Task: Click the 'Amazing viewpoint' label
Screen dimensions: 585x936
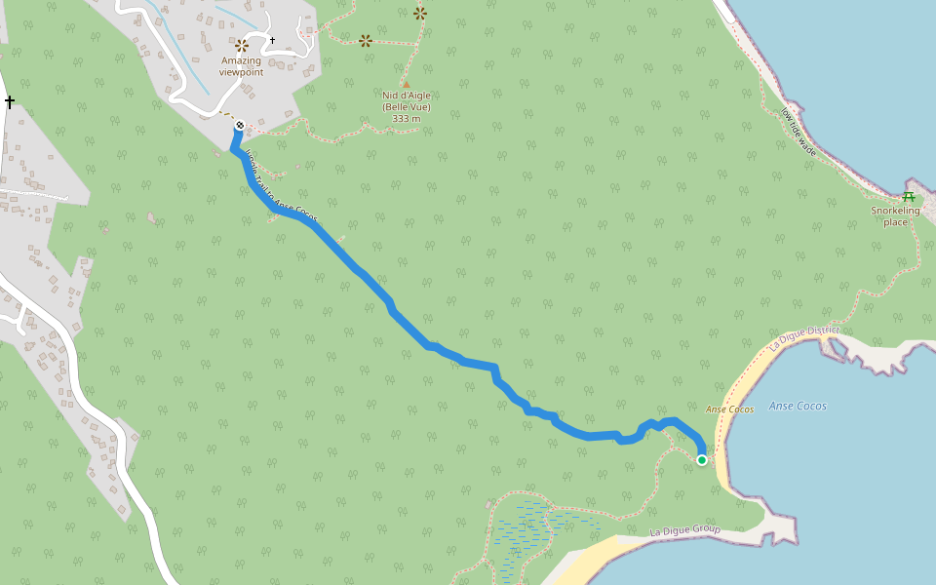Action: pos(241,66)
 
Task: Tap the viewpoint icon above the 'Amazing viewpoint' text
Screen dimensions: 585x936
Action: pos(242,45)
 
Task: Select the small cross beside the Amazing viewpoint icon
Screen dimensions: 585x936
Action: pos(272,41)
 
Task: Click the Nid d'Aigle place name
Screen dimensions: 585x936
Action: pos(406,96)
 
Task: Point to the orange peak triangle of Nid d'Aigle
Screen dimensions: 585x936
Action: pos(406,84)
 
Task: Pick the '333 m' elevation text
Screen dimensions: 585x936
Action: pos(406,119)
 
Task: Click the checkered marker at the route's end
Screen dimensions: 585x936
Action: pos(239,126)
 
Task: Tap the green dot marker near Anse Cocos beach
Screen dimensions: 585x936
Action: pos(702,460)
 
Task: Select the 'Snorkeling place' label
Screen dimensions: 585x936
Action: pos(895,215)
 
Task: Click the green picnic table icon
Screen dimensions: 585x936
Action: pos(909,197)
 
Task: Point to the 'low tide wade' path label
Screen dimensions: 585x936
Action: pos(798,131)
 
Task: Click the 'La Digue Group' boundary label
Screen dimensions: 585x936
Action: pos(684,531)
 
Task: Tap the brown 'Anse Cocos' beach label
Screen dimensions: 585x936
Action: pos(729,409)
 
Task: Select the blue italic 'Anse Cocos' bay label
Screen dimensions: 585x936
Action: pos(798,406)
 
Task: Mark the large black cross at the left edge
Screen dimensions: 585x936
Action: pos(10,102)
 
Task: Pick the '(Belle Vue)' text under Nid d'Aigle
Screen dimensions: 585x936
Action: pos(406,107)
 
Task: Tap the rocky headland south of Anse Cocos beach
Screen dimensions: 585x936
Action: pos(780,526)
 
